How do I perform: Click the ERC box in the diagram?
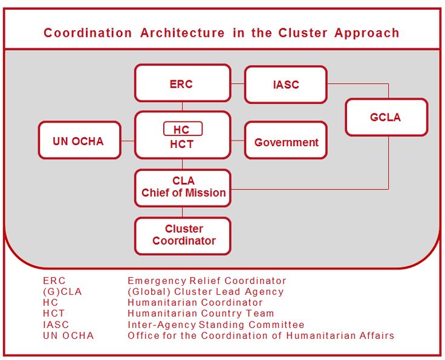183,83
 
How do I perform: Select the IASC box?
286,85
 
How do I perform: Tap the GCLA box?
386,117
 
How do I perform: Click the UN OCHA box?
80,140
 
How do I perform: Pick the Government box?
286,140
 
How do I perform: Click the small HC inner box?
183,129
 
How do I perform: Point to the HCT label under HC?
181,144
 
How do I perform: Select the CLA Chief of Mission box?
183,188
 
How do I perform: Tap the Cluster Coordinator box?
183,236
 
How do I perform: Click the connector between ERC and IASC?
238,83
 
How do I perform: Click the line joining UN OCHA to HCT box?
128,141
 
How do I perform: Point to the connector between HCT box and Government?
238,141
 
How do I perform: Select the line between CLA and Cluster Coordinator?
183,212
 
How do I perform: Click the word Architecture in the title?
182,33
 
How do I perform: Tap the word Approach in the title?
366,33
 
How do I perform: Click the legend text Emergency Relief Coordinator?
207,281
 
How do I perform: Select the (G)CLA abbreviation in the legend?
62,292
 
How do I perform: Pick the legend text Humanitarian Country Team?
201,313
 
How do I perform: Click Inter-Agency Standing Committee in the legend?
216,324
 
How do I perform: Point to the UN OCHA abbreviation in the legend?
68,335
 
